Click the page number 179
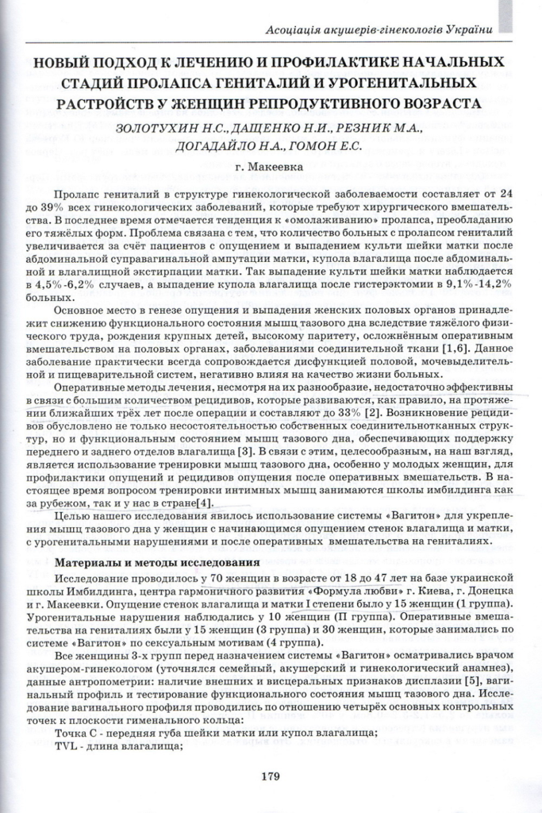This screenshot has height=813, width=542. [x=271, y=776]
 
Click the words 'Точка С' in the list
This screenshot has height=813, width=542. [x=77, y=733]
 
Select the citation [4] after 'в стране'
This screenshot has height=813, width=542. [x=205, y=503]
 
